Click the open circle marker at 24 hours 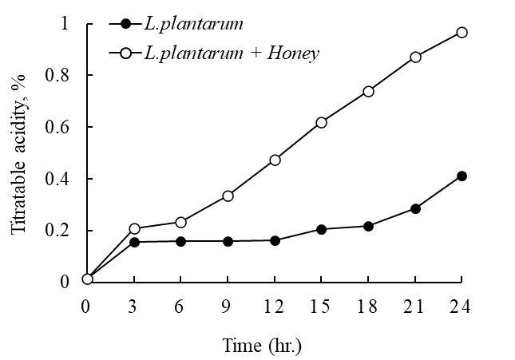pos(462,33)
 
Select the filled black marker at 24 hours pos(462,176)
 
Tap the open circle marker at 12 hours pos(275,160)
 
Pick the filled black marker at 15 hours pos(321,229)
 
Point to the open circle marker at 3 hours pos(134,228)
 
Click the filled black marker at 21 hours pos(415,208)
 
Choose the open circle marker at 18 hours pos(368,91)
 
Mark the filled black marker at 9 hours pos(228,241)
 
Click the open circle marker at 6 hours pos(180,222)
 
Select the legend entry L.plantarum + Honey pos(232,53)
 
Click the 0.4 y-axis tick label pos(63,179)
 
